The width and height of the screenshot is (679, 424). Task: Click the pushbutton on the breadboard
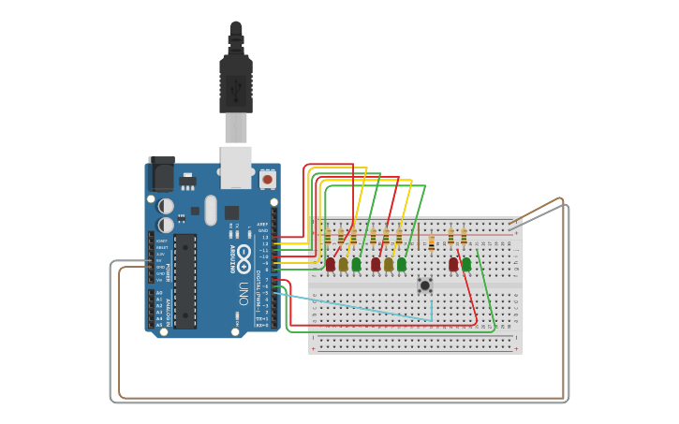[x=425, y=285]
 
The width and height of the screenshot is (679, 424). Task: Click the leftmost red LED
[x=331, y=265]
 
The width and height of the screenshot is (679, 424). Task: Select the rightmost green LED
[x=466, y=265]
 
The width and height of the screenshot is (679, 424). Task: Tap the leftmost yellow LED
[x=344, y=265]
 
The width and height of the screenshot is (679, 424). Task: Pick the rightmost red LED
[x=453, y=265]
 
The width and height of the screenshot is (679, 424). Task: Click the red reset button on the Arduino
[x=268, y=179]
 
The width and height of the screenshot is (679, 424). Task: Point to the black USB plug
[x=236, y=80]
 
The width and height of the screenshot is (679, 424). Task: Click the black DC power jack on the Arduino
[x=161, y=175]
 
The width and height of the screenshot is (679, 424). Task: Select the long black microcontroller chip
[x=185, y=281]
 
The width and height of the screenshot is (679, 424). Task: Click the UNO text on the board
[x=243, y=293]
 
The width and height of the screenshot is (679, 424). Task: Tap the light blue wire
[x=365, y=307]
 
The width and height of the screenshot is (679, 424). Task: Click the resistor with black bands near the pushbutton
[x=431, y=242]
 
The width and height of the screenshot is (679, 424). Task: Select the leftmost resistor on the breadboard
[x=328, y=237]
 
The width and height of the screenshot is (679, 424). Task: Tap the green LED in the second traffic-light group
[x=402, y=265]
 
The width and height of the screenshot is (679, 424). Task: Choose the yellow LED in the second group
[x=389, y=265]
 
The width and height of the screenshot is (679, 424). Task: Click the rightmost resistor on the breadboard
[x=464, y=236]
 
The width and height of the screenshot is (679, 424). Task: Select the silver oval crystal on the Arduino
[x=210, y=210]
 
